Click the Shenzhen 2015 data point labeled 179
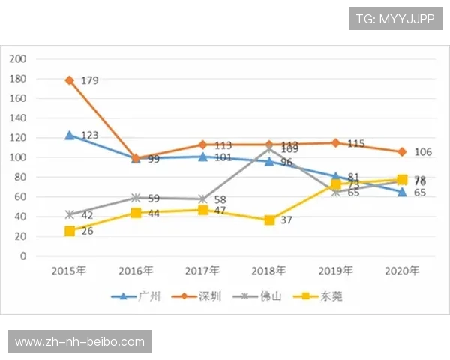tap(70, 79)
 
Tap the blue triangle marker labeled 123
tap(70, 135)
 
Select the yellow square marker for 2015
tap(70, 231)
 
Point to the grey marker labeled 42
tap(70, 215)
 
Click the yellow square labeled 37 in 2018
tap(269, 220)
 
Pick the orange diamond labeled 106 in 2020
tap(402, 152)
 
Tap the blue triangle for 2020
tap(402, 192)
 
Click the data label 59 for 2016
tap(154, 199)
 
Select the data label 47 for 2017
tap(220, 211)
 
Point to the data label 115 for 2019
tap(355, 143)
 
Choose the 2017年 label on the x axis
tap(203, 270)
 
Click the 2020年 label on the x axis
tap(402, 270)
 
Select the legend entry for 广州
tap(139, 296)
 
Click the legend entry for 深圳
tap(200, 296)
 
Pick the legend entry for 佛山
tap(262, 296)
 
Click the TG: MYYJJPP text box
tap(395, 19)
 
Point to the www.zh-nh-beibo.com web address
tap(80, 342)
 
